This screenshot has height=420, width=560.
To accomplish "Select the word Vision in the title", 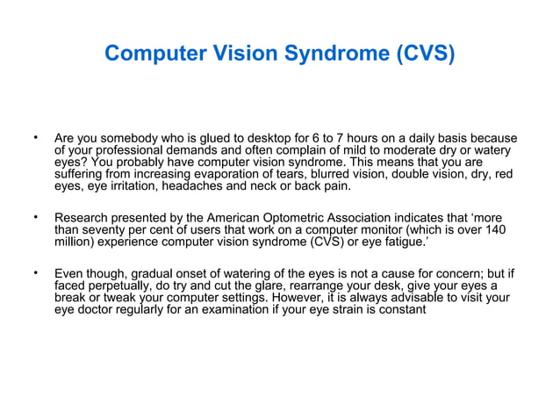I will coord(250,54).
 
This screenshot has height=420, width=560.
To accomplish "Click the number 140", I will coord(495,229).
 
